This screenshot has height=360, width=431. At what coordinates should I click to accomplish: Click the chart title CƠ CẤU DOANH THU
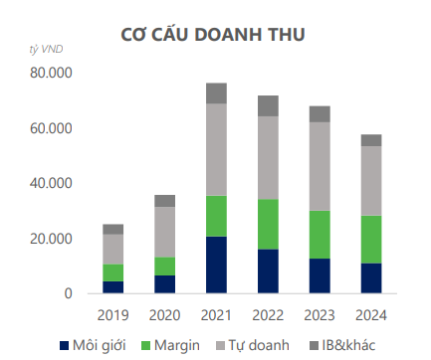click(215, 35)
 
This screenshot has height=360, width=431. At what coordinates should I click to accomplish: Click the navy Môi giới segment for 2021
click(216, 265)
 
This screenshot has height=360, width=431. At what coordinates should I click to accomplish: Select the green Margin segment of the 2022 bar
click(268, 224)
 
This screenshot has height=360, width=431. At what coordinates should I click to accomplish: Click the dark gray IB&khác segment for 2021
click(216, 93)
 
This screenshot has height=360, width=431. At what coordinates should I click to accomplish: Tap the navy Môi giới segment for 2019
click(113, 287)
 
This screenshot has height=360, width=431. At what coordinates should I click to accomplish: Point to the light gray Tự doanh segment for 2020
click(164, 232)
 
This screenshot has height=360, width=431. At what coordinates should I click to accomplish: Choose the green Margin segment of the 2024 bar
click(371, 240)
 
